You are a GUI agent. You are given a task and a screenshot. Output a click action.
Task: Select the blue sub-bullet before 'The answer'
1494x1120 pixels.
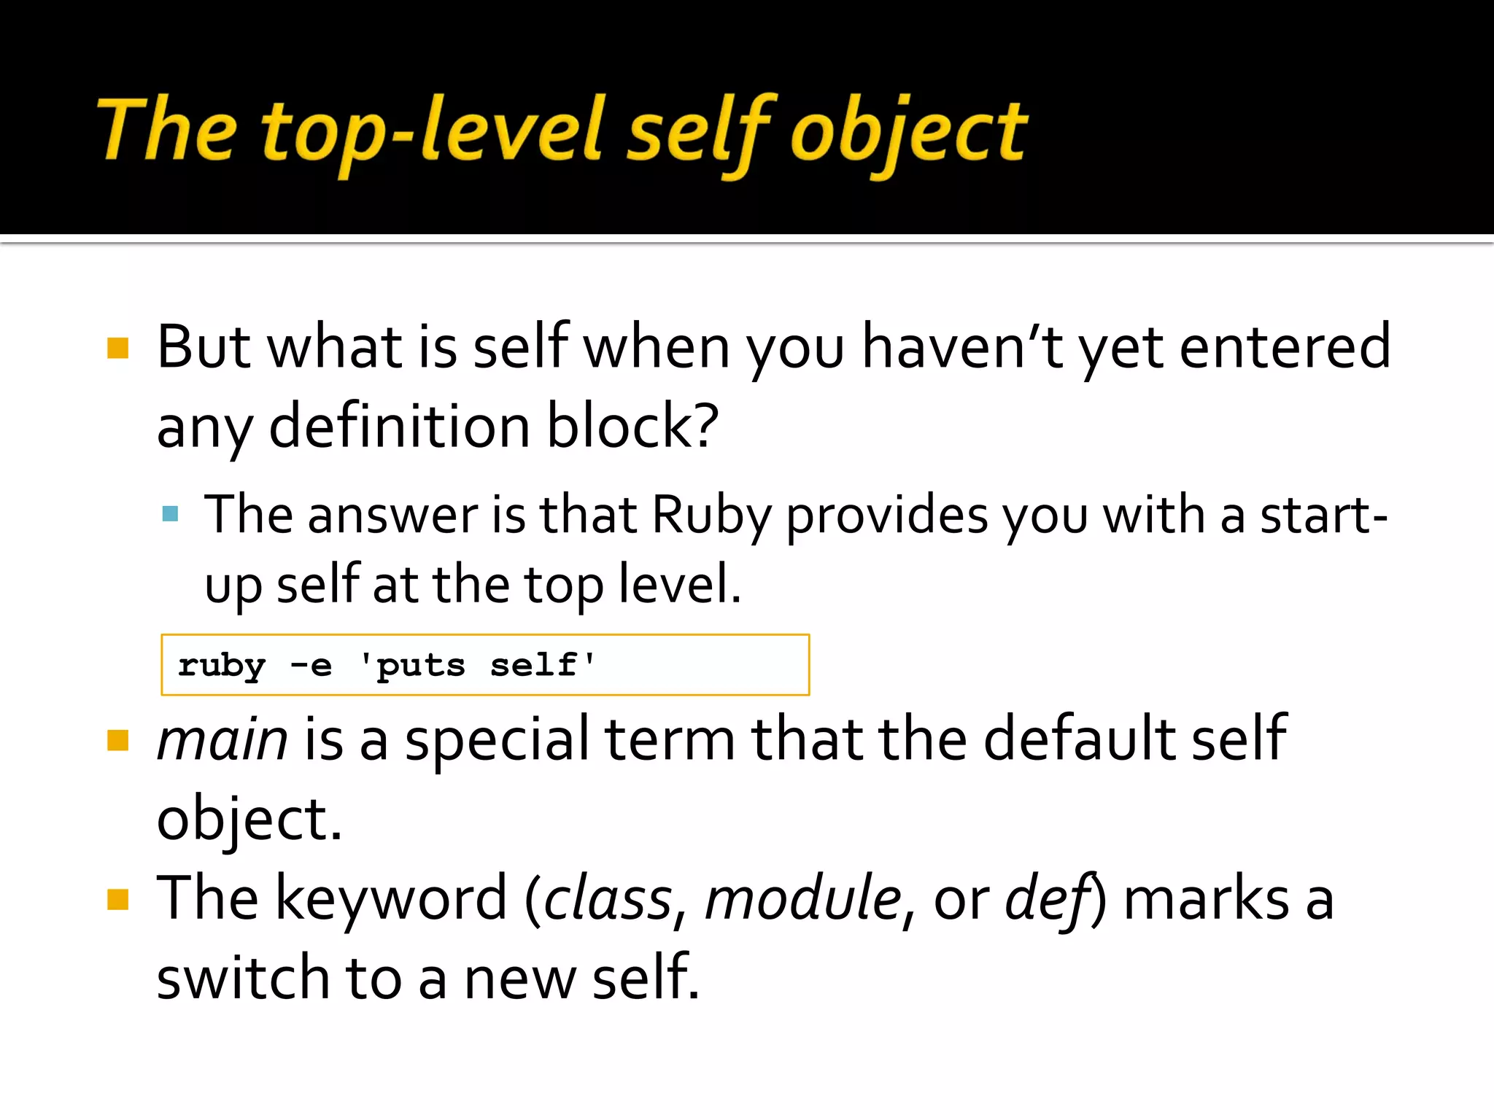point(171,514)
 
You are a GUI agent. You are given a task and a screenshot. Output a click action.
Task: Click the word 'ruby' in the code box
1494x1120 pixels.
point(222,666)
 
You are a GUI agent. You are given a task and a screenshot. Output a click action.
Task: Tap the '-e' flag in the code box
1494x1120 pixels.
point(311,665)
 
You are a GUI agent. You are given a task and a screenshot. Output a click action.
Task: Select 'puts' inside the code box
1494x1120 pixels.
point(420,666)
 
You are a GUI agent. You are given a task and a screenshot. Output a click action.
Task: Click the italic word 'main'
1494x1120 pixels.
point(222,740)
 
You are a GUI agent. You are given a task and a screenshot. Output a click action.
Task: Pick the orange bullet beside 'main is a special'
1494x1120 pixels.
point(117,740)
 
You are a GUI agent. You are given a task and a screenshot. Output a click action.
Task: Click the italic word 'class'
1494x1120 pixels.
point(608,899)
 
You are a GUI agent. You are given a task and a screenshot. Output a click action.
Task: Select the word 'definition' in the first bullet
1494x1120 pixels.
point(399,427)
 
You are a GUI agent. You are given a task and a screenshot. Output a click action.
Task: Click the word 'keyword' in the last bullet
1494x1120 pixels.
point(391,899)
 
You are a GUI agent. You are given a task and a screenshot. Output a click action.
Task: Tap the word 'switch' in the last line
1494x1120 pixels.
point(243,979)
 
